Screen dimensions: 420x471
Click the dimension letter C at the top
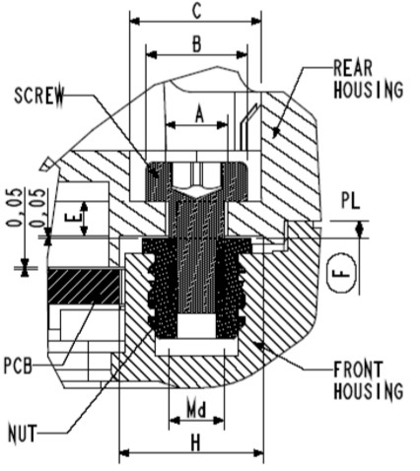196,11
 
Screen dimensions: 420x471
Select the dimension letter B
196,43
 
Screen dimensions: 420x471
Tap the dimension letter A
199,114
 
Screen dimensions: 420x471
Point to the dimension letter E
72,219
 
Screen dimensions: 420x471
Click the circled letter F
342,272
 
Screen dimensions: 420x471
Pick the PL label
351,200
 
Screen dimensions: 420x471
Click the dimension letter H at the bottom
196,442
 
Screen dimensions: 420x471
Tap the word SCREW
39,96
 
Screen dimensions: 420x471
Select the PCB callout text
18,366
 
